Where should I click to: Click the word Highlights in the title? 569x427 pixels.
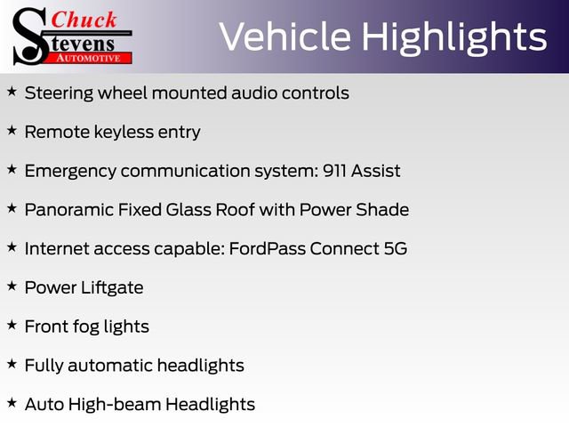[453, 36]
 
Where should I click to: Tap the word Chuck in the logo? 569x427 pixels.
[84, 19]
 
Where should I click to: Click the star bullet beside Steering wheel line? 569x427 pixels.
[12, 92]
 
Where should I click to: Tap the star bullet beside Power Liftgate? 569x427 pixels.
[12, 286]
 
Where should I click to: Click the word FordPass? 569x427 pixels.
[266, 248]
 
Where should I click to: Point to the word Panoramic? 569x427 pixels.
[68, 210]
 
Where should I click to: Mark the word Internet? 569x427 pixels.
[57, 248]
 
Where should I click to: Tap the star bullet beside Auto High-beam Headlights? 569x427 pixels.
[12, 403]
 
